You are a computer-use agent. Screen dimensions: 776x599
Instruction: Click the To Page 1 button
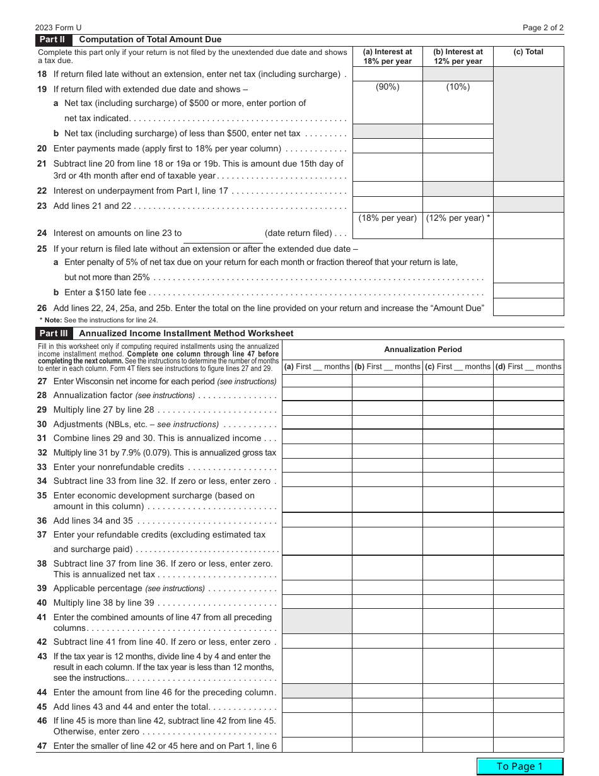(520, 766)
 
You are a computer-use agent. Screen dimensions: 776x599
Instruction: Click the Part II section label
(53, 40)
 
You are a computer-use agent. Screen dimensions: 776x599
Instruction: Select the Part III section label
(54, 334)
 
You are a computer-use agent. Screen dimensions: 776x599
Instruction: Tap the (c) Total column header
(528, 52)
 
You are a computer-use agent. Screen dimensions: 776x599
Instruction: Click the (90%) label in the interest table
(387, 87)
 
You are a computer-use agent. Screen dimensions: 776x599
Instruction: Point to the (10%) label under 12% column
(458, 87)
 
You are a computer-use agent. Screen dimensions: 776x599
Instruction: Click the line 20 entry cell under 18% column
(387, 146)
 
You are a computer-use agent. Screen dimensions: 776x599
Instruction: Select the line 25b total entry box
(528, 291)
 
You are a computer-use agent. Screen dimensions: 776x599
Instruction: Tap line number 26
(42, 309)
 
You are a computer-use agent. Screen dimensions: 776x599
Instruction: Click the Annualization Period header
(423, 350)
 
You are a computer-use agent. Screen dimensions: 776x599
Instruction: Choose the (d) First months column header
(528, 367)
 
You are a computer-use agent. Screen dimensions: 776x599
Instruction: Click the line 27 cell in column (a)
(317, 380)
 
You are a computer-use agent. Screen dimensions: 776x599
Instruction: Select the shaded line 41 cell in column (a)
(317, 621)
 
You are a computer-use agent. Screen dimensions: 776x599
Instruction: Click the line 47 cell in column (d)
(528, 745)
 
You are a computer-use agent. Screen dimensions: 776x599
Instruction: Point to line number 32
(42, 453)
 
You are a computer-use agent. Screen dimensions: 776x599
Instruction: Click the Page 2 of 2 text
(543, 28)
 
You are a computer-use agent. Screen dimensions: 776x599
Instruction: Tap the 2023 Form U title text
(59, 28)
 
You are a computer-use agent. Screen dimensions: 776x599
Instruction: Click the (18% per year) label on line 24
(387, 218)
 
